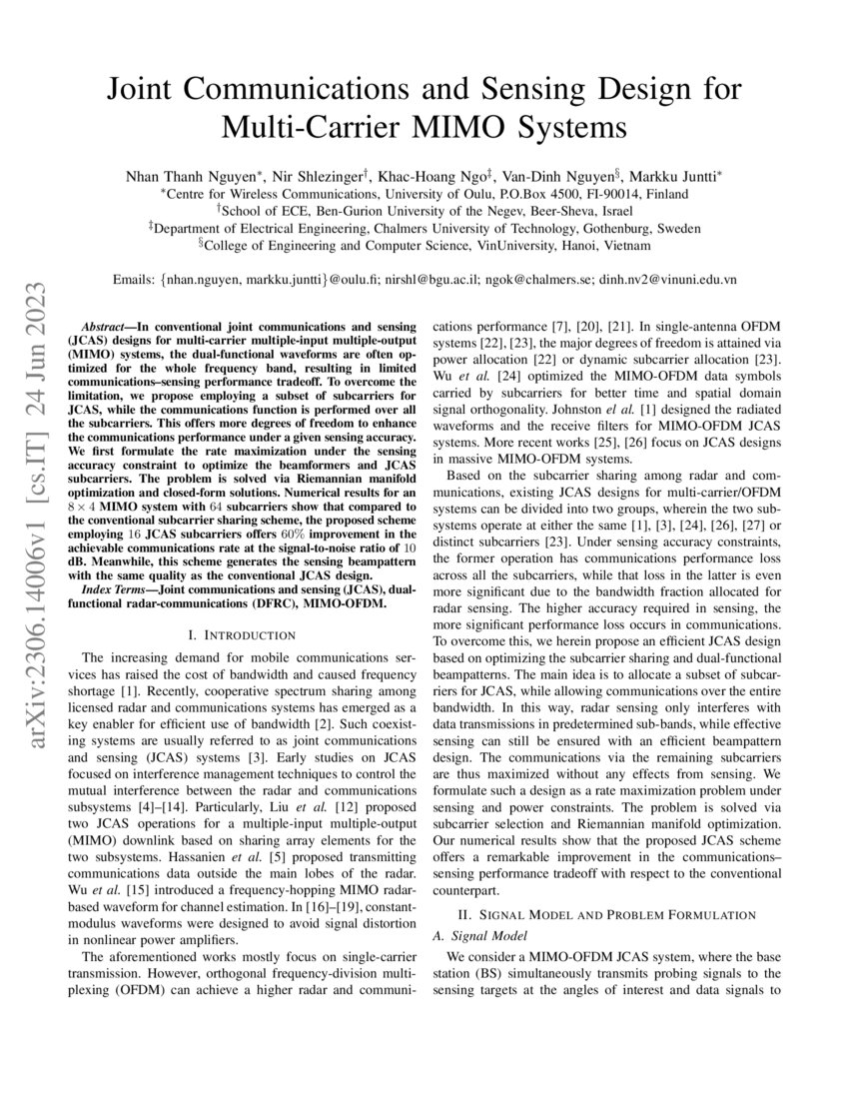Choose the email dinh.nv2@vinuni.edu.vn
(667, 281)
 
